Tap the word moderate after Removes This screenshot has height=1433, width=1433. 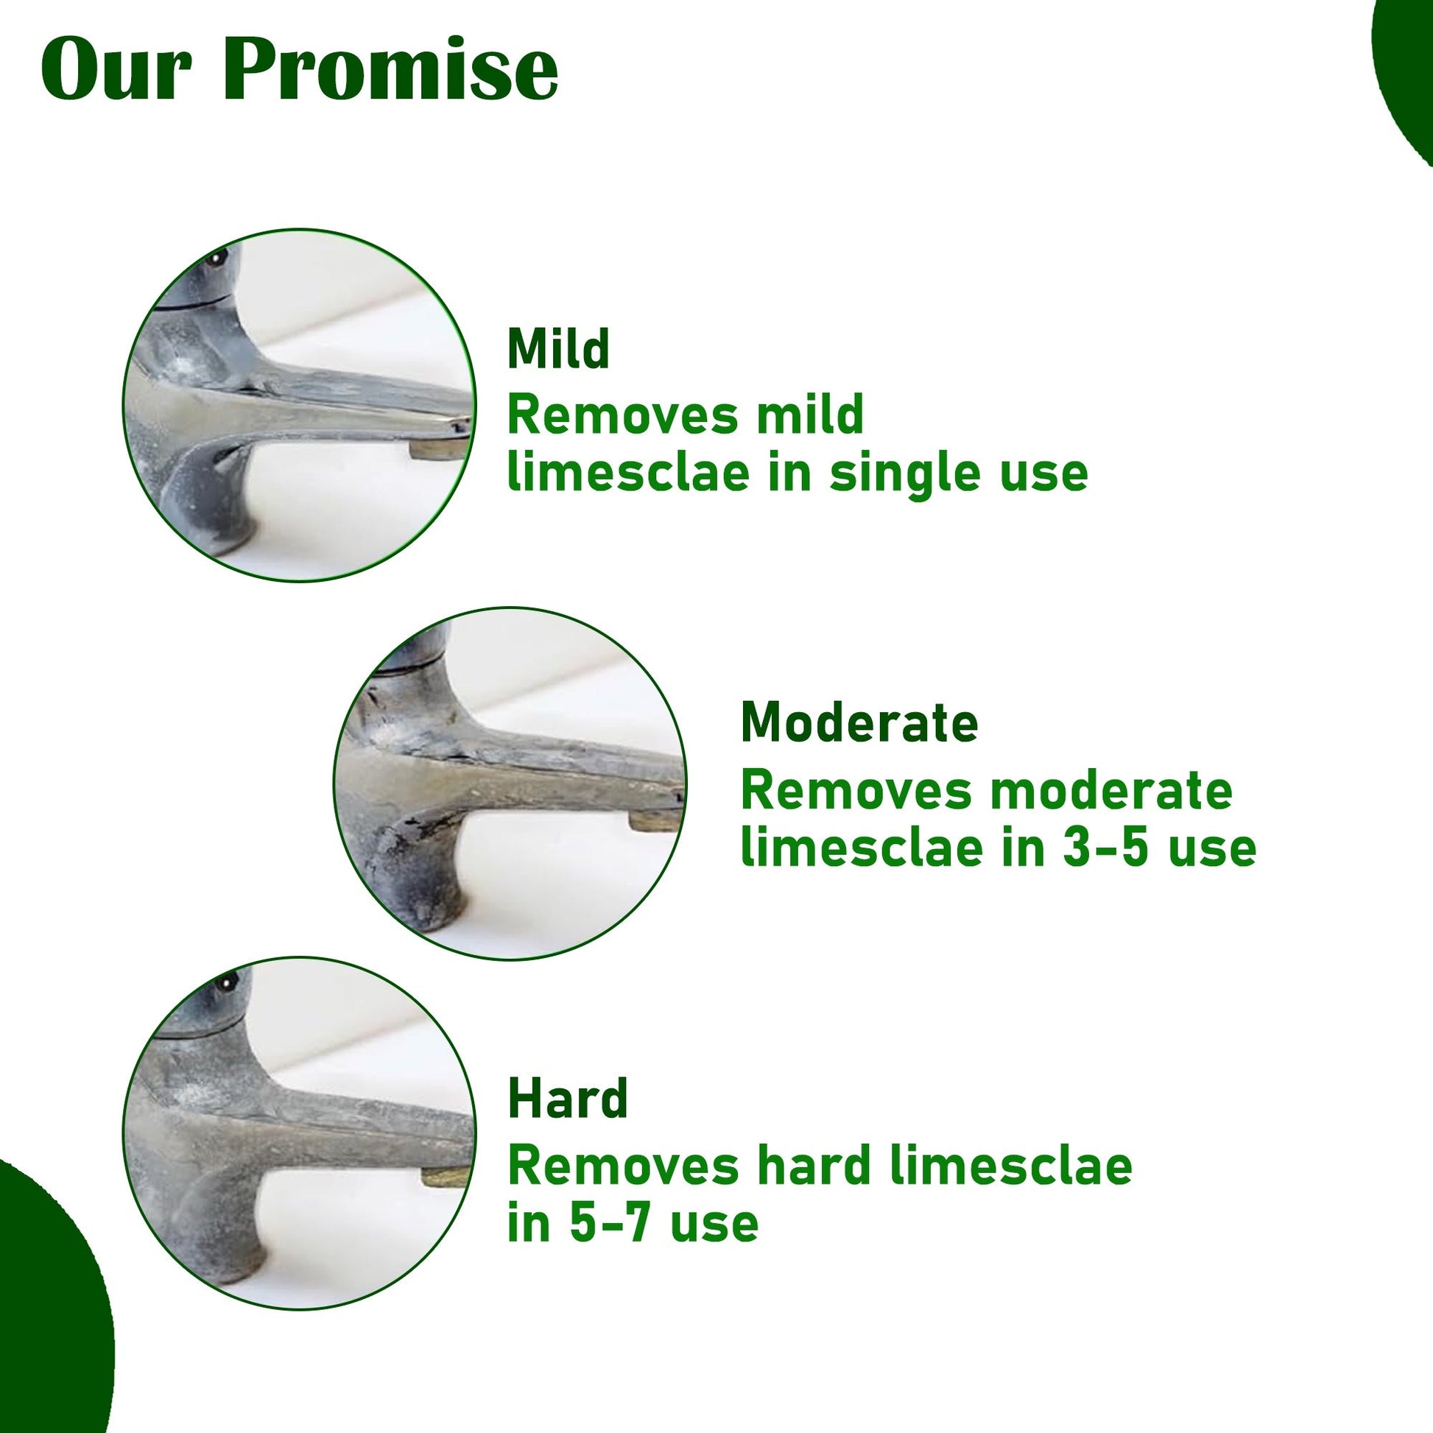[x=1112, y=791]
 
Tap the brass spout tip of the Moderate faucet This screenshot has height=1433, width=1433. [x=652, y=820]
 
